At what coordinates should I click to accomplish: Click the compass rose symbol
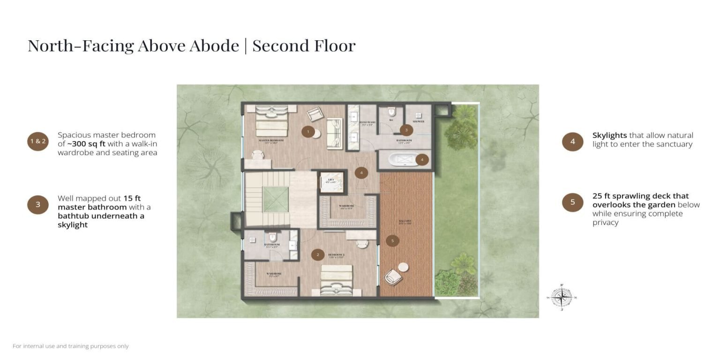pyautogui.click(x=562, y=297)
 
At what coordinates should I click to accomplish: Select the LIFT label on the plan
pyautogui.click(x=330, y=180)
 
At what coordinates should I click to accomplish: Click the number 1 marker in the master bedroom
pyautogui.click(x=308, y=132)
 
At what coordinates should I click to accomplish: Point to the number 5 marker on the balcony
pyautogui.click(x=392, y=241)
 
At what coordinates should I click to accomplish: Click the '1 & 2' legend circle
pyautogui.click(x=38, y=141)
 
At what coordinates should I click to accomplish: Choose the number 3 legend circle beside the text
pyautogui.click(x=38, y=204)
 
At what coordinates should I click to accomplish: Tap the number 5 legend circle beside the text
pyautogui.click(x=572, y=202)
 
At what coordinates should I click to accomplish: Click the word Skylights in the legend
pyautogui.click(x=609, y=135)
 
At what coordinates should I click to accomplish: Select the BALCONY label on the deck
pyautogui.click(x=405, y=221)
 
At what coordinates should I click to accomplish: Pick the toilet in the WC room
pyautogui.click(x=392, y=112)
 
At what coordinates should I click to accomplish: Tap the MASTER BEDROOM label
pyautogui.click(x=271, y=140)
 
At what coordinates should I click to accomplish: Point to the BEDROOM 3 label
pyautogui.click(x=336, y=255)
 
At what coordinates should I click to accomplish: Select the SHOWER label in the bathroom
pyautogui.click(x=418, y=121)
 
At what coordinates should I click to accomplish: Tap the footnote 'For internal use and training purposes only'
pyautogui.click(x=71, y=346)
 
